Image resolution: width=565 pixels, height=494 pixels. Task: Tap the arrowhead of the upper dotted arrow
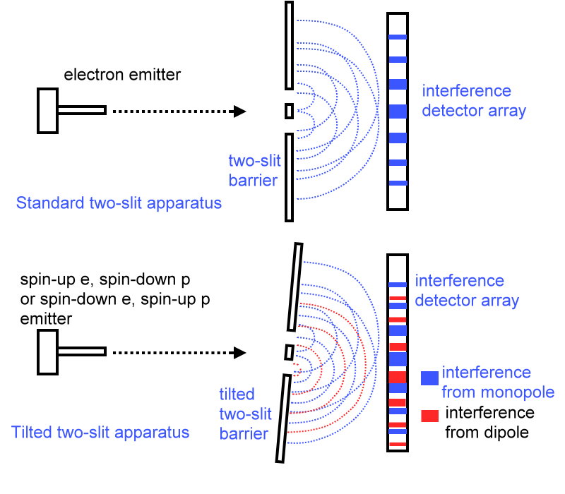240,111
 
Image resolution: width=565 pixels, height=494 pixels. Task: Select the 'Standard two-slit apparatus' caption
119,204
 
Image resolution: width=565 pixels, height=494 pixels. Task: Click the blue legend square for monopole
429,378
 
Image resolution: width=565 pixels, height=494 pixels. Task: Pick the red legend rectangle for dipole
429,416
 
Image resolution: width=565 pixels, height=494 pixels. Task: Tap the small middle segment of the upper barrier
289,111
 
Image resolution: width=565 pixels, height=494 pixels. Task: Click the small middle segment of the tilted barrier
289,351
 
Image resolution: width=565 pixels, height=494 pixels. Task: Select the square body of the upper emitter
47,110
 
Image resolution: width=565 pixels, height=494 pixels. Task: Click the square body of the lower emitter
47,351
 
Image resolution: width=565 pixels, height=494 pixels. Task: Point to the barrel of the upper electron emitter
82,110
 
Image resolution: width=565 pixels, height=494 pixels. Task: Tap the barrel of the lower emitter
82,351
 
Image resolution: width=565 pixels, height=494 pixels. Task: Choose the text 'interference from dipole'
489,422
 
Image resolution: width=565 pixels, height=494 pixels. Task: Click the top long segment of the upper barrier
289,45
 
